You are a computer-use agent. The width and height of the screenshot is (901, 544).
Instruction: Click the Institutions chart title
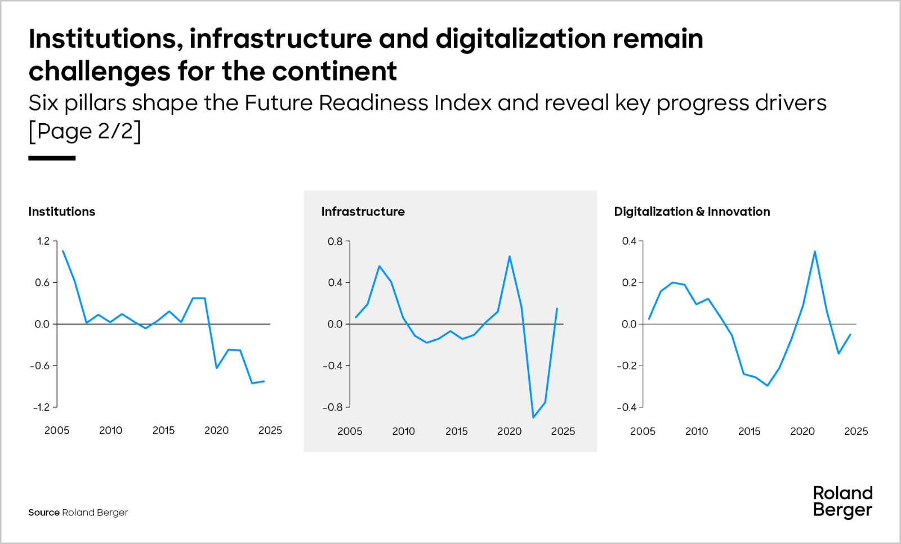(x=62, y=212)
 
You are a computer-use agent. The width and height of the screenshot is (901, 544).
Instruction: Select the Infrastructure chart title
(x=363, y=212)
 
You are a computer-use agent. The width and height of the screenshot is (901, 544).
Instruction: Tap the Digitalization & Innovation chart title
(x=692, y=212)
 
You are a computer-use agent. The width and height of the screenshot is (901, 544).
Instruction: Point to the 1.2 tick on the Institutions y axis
(x=43, y=241)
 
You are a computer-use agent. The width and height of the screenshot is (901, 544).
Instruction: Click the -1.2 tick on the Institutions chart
(x=41, y=407)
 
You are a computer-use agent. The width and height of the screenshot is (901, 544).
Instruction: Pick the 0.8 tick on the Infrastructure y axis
(x=335, y=241)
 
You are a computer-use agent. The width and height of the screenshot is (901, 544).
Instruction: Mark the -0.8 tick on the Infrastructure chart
(x=332, y=407)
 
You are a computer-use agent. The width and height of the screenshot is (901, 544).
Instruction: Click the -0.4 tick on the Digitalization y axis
(x=626, y=407)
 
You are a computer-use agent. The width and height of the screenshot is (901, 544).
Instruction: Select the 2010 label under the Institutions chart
(x=110, y=430)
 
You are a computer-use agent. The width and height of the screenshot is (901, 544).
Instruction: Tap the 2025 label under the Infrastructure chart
(x=563, y=431)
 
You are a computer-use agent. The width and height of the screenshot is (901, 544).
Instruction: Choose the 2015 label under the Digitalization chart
(x=749, y=431)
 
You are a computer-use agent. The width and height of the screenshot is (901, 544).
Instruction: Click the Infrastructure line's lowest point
(x=533, y=417)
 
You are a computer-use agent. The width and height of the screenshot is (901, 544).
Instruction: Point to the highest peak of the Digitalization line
(x=815, y=251)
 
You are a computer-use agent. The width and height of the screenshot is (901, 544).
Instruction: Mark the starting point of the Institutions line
(x=63, y=251)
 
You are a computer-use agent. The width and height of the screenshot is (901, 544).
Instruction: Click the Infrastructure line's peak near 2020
(x=510, y=257)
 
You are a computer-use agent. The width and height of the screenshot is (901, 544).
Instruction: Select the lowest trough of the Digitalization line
(x=768, y=385)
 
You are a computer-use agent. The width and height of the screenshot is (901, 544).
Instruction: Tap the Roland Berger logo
(x=842, y=501)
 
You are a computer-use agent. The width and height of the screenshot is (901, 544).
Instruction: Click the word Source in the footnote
(x=44, y=512)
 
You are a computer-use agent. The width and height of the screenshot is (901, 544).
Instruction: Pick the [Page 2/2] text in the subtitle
(x=85, y=131)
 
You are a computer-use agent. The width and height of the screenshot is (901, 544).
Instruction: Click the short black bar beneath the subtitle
(x=52, y=158)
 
